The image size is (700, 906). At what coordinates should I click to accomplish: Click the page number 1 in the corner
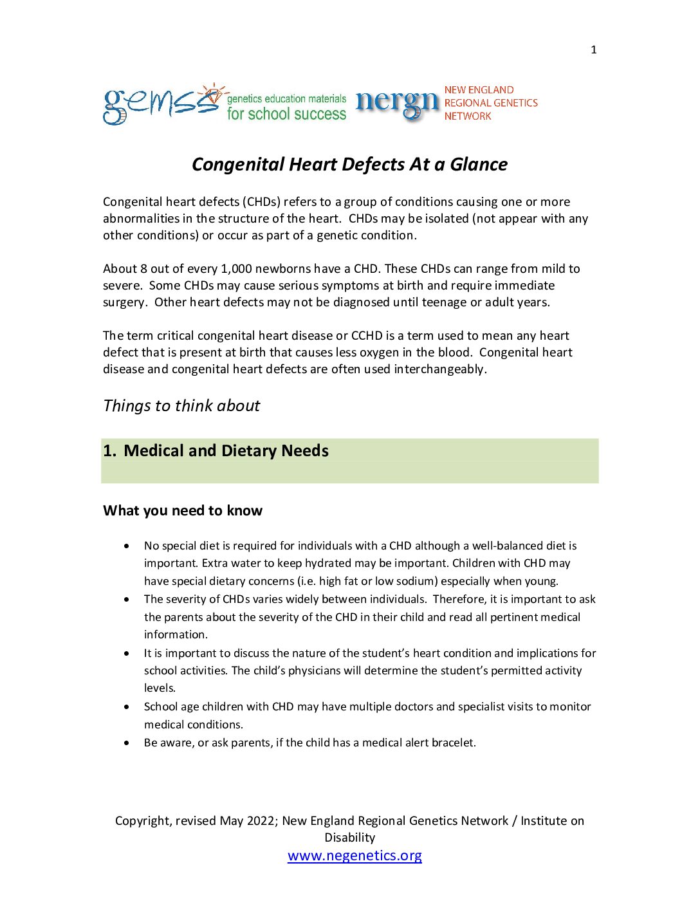click(593, 50)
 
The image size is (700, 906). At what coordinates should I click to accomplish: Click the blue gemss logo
click(161, 104)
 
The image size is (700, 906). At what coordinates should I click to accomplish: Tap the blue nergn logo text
click(397, 103)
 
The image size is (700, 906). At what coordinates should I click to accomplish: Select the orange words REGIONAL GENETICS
click(491, 103)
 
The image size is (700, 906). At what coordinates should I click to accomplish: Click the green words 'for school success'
click(286, 115)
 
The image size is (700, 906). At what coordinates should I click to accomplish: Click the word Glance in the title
click(479, 165)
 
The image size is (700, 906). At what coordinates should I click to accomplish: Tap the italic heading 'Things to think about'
click(181, 406)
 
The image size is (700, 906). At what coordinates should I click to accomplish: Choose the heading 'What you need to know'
click(183, 511)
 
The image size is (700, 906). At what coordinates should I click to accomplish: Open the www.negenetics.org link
click(355, 856)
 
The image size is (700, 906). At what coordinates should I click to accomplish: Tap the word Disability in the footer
click(349, 838)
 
